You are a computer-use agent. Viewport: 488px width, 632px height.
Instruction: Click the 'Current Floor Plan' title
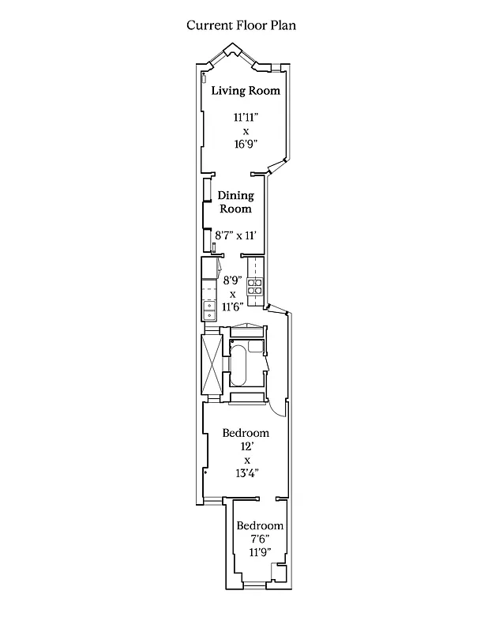pos(241,25)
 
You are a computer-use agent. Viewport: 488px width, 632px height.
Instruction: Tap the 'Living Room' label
pos(246,91)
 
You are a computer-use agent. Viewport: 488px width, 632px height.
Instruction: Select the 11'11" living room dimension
pos(246,118)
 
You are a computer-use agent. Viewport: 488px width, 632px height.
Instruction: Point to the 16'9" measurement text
pos(246,145)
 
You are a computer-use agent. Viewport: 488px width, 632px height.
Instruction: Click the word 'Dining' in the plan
pos(235,195)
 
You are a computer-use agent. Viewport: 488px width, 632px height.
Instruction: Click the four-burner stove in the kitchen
pos(256,290)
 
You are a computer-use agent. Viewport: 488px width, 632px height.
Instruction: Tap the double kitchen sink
pos(210,310)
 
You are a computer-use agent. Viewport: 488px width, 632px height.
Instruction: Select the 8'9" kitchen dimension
pos(232,280)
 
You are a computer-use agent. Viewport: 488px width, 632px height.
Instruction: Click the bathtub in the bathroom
pos(241,365)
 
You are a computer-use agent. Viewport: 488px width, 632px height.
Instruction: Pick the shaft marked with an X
pos(211,365)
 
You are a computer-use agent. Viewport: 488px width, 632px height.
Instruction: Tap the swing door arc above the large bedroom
pos(276,406)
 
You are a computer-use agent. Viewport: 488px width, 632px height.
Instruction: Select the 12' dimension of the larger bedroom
pos(246,446)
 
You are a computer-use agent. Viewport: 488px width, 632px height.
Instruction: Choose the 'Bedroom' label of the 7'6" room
pos(260,526)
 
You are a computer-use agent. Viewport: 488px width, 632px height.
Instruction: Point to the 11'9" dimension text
pos(260,552)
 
